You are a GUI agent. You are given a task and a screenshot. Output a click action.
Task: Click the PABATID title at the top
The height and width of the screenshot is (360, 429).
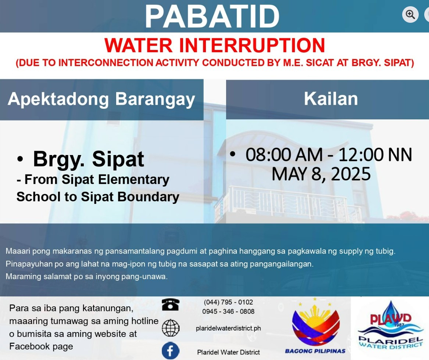coord(212,17)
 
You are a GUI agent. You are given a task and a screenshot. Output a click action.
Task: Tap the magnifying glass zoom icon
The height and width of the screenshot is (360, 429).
coord(410,14)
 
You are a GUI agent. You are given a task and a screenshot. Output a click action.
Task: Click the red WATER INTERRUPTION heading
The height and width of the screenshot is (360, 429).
coord(215,46)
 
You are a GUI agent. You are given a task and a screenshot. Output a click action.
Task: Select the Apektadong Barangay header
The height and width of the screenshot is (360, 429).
coord(101,99)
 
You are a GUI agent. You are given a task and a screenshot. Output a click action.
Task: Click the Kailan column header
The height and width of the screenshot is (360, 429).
coord(331,99)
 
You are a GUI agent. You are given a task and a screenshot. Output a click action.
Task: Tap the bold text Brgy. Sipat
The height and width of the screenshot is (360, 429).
coord(88,159)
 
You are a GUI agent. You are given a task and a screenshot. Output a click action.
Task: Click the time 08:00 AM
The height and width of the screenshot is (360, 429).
coord(284,155)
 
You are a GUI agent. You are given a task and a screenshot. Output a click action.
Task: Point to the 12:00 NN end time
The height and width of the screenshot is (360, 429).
coord(375,155)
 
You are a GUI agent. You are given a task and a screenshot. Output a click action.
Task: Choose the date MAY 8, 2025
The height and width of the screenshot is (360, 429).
coord(321,174)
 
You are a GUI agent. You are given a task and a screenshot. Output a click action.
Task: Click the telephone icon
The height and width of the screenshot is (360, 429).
coord(171,305)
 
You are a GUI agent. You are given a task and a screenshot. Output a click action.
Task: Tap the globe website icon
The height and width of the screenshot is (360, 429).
coord(171,328)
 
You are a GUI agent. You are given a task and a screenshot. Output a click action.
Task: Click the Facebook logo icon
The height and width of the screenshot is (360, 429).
coord(171,350)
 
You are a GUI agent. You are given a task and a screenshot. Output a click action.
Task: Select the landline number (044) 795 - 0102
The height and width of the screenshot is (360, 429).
coord(228,302)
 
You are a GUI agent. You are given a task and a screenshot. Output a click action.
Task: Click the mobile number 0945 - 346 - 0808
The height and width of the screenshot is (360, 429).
coord(228,312)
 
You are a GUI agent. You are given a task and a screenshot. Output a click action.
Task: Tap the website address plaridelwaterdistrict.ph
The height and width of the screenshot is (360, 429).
coord(228,328)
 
